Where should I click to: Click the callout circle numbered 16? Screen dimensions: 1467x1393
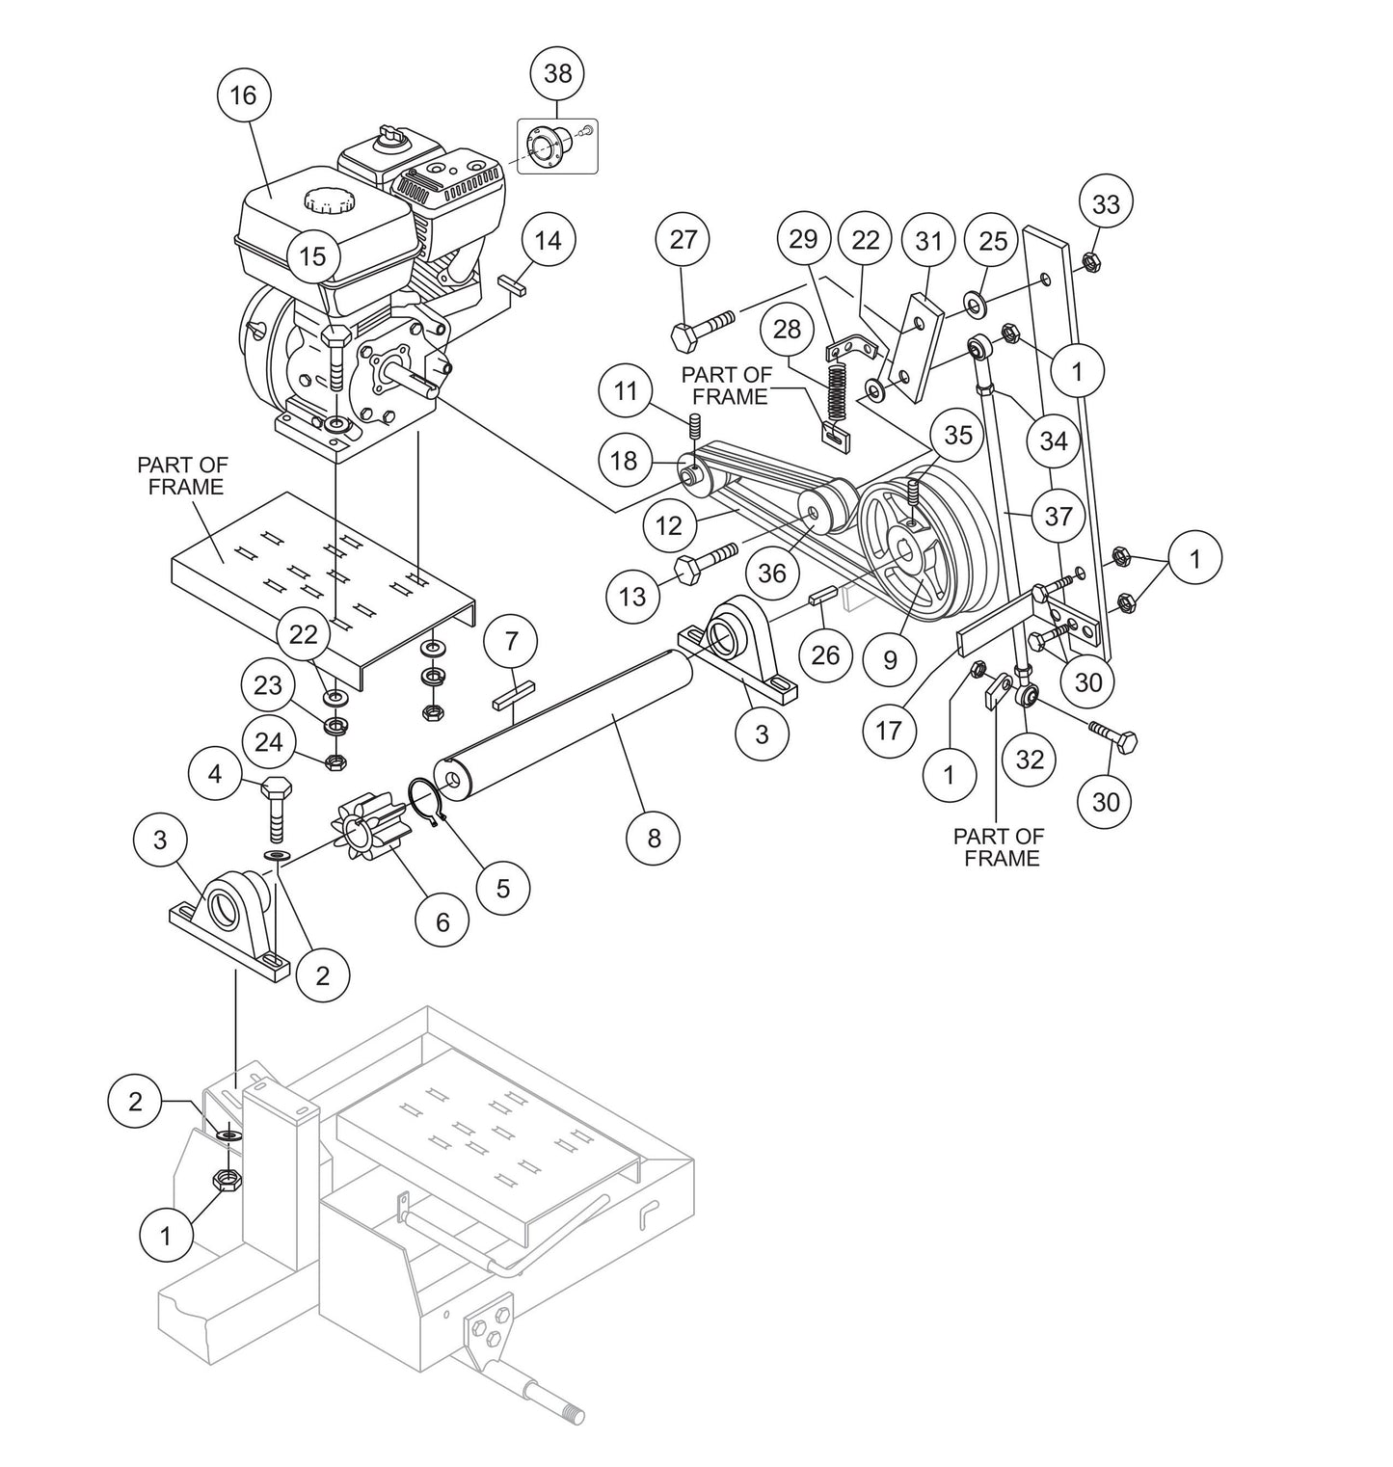coord(244,94)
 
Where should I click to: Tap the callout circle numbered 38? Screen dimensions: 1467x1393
coord(558,73)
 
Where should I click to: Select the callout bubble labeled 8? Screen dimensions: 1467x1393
coord(654,838)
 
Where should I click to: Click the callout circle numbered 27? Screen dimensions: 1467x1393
coord(683,239)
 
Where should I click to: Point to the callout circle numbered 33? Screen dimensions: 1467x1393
coord(1106,203)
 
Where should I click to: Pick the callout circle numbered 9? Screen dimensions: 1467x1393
coord(890,659)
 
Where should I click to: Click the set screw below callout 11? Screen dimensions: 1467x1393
coord(692,424)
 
